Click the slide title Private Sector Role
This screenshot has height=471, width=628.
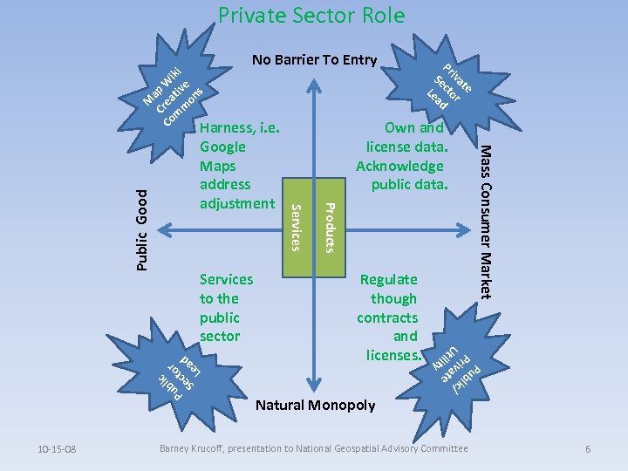(311, 16)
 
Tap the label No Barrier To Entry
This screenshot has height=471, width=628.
(314, 60)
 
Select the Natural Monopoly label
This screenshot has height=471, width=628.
(315, 405)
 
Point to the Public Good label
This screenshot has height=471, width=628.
(144, 230)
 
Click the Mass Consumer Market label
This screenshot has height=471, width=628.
(488, 220)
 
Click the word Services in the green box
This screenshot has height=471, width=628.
(296, 226)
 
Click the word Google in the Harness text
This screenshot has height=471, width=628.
(222, 147)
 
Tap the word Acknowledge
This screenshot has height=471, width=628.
(400, 166)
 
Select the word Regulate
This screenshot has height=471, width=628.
(389, 280)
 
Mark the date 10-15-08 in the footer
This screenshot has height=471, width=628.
(58, 449)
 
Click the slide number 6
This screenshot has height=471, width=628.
(589, 449)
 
